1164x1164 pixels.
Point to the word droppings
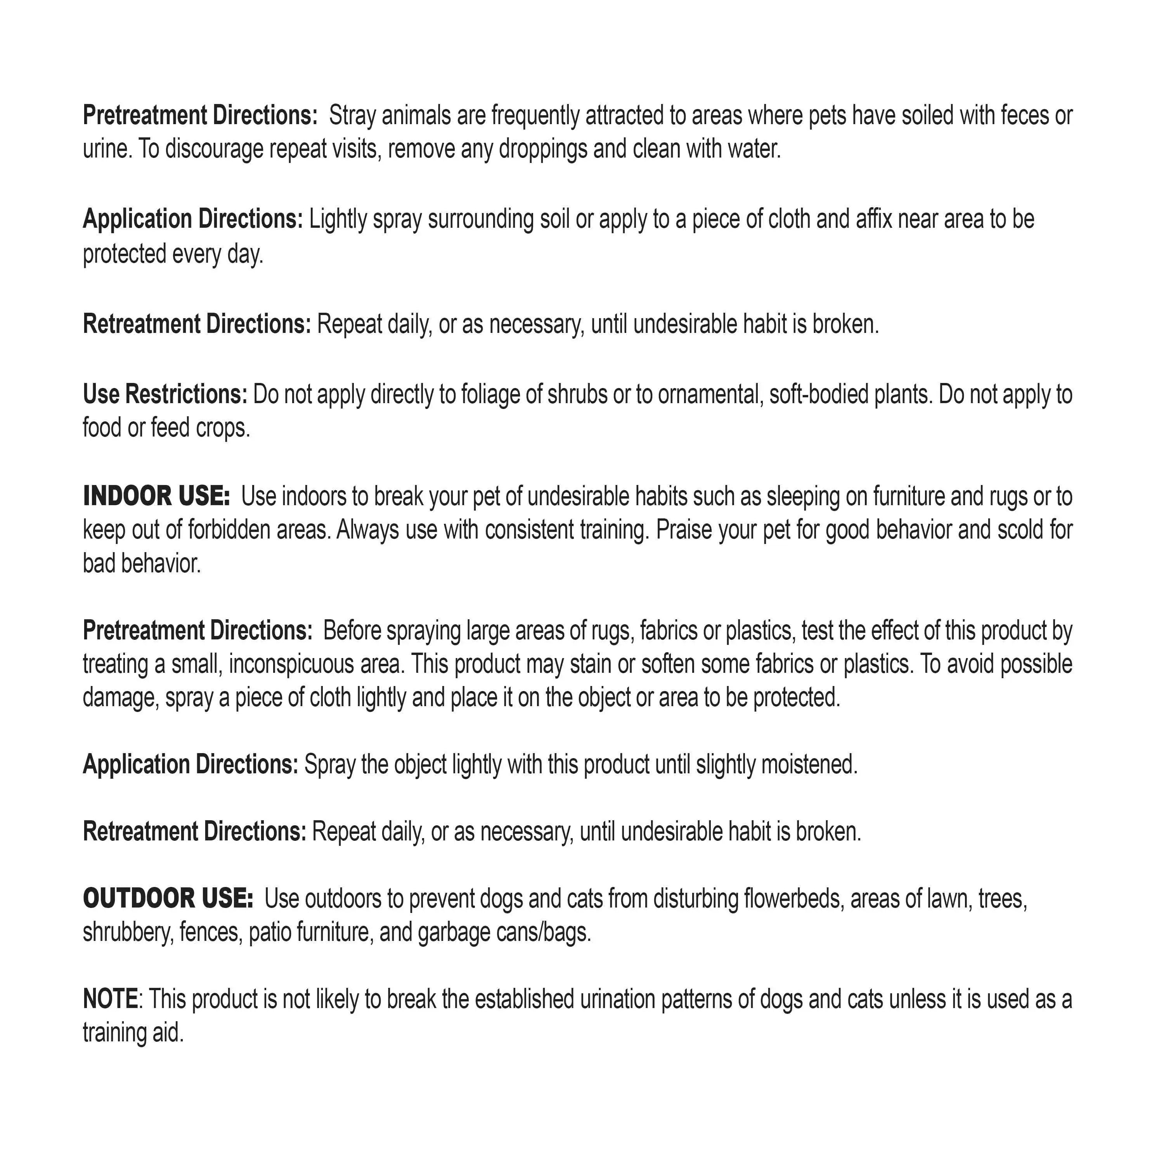pos(542,149)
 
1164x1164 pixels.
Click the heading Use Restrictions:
pos(165,394)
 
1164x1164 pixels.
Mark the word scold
pos(1024,530)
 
